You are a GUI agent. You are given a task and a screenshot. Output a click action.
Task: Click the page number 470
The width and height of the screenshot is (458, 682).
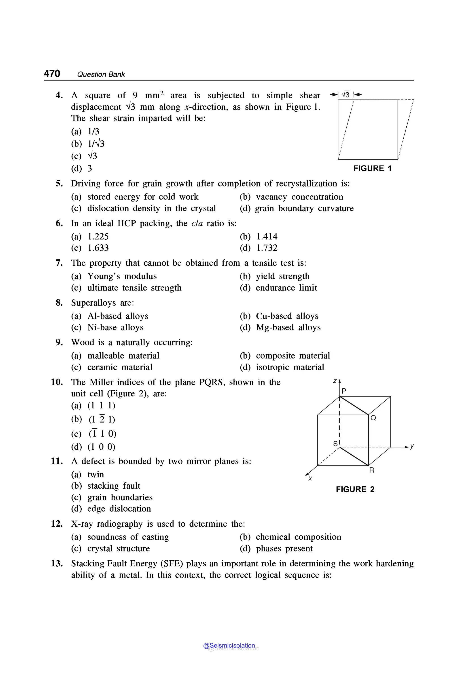pyautogui.click(x=52, y=73)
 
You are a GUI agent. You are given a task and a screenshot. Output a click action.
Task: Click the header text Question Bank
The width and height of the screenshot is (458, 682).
pyautogui.click(x=101, y=74)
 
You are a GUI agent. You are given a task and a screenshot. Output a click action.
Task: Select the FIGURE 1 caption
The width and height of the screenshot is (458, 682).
pyautogui.click(x=372, y=169)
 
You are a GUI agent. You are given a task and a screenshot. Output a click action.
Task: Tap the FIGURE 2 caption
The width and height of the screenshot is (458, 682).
pyautogui.click(x=355, y=489)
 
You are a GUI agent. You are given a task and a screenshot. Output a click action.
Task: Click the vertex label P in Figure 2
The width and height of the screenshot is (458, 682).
pyautogui.click(x=344, y=391)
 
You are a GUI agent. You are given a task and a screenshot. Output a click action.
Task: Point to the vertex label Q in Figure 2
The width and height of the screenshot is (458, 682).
pyautogui.click(x=373, y=418)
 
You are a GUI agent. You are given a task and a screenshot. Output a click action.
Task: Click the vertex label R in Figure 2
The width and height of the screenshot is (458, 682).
pyautogui.click(x=371, y=470)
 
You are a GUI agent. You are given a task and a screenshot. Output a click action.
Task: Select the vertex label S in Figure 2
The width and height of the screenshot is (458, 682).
pyautogui.click(x=335, y=444)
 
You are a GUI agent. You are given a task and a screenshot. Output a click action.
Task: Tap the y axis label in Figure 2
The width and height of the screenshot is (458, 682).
pyautogui.click(x=412, y=446)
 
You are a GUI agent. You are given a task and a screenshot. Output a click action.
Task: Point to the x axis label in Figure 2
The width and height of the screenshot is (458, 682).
pyautogui.click(x=310, y=479)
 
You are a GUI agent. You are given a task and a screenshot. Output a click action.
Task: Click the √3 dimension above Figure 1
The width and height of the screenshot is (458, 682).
pyautogui.click(x=346, y=95)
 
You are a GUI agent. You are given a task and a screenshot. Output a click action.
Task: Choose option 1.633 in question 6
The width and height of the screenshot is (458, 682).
pyautogui.click(x=98, y=248)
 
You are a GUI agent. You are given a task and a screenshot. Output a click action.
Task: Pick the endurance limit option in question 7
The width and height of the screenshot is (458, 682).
pyautogui.click(x=286, y=288)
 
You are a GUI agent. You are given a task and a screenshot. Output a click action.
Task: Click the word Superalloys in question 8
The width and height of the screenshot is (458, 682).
pyautogui.click(x=93, y=303)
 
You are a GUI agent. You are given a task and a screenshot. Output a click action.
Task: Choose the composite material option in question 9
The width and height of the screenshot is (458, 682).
pyautogui.click(x=293, y=356)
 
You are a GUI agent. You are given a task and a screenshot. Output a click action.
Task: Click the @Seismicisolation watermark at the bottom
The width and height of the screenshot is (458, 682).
pyautogui.click(x=229, y=646)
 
